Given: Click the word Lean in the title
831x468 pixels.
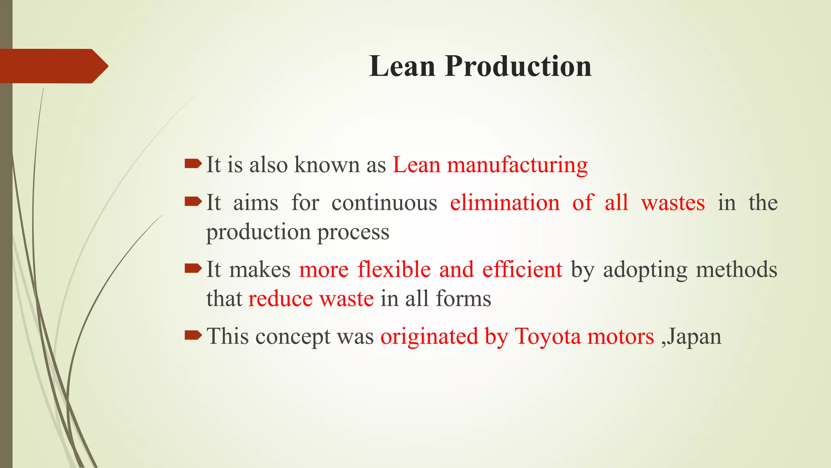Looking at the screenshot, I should click(x=402, y=66).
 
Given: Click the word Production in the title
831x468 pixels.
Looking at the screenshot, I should click(x=518, y=66).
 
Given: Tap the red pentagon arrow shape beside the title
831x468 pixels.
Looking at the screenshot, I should click(x=53, y=66).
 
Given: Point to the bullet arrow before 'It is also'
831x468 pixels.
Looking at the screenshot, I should click(x=193, y=164).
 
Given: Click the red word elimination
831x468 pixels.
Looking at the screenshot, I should click(x=505, y=203).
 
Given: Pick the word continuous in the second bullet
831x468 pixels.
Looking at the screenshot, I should click(x=384, y=203).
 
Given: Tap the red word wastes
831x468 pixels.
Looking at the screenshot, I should click(x=673, y=203).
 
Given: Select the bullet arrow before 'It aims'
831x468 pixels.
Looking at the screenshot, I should click(x=193, y=201).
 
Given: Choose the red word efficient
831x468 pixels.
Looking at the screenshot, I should click(x=522, y=269).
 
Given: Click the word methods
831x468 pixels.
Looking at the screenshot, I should click(x=736, y=269).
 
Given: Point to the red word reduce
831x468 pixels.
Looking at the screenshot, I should click(x=280, y=299).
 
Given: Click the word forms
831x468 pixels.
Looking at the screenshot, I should click(x=463, y=299).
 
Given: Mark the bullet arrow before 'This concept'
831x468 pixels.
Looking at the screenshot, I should click(x=193, y=335).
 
